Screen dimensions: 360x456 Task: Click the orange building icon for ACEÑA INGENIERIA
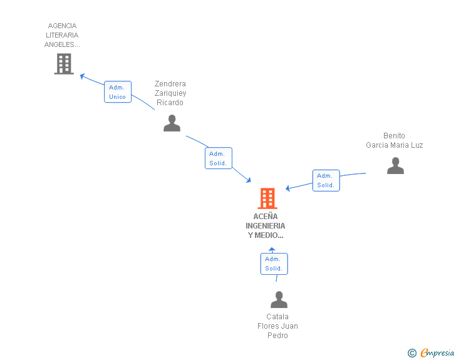point(267,198)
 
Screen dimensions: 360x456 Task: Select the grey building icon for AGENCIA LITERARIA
point(64,64)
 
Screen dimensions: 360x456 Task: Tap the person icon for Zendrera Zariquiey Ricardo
point(172,123)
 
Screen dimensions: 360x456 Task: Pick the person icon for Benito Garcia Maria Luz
point(395,165)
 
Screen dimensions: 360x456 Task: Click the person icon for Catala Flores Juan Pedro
point(279,300)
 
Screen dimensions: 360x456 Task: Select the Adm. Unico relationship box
point(118,92)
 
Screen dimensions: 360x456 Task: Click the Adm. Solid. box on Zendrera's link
point(219,158)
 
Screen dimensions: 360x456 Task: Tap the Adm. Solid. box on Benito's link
point(326,180)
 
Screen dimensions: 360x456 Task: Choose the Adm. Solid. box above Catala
point(274,264)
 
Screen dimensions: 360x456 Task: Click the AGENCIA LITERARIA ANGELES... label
point(63,35)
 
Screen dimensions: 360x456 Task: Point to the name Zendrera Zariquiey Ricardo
point(170,93)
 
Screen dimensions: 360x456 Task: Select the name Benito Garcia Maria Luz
point(395,140)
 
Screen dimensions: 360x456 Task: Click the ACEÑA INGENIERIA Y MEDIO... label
point(266,226)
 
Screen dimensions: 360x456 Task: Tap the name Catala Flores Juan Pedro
point(277,326)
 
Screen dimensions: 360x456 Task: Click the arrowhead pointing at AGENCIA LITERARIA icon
point(82,76)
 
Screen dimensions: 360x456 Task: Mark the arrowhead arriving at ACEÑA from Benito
point(288,188)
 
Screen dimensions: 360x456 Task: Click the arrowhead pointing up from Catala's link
point(272,250)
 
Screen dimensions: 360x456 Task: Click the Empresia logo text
point(437,353)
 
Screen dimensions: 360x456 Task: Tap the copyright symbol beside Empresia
point(412,353)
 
